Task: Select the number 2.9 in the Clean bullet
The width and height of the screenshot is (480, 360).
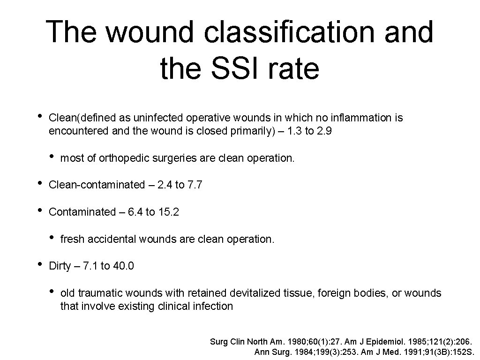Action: point(324,131)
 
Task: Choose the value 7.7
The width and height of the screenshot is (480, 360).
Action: point(195,185)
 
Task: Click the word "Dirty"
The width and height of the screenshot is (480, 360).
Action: point(60,266)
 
